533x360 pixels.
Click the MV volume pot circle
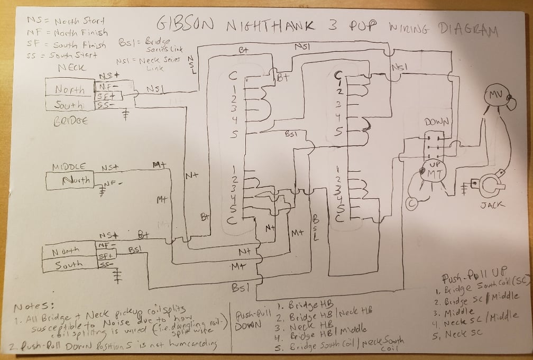(x=494, y=96)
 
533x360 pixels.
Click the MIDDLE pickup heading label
(x=69, y=167)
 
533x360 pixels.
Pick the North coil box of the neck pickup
(x=69, y=90)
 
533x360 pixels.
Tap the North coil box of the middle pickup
(x=71, y=181)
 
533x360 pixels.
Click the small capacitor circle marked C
(x=412, y=202)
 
